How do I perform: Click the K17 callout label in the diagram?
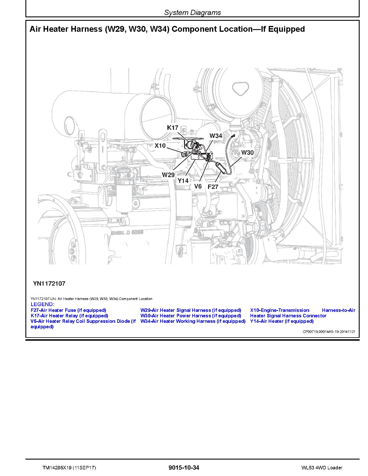173,128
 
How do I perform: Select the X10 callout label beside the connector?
160,145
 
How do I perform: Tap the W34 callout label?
216,136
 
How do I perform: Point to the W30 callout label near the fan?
247,153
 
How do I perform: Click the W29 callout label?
168,175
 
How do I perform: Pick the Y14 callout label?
183,181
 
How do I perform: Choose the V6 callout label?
198,186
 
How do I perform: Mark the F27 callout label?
213,187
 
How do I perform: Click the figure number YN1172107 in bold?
49,283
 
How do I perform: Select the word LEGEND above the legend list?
42,304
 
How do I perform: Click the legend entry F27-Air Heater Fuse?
68,310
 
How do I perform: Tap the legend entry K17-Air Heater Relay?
69,316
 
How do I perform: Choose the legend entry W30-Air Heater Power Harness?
190,316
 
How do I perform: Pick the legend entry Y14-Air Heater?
282,321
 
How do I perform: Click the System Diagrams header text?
192,12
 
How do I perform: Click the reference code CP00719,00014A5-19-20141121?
329,332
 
